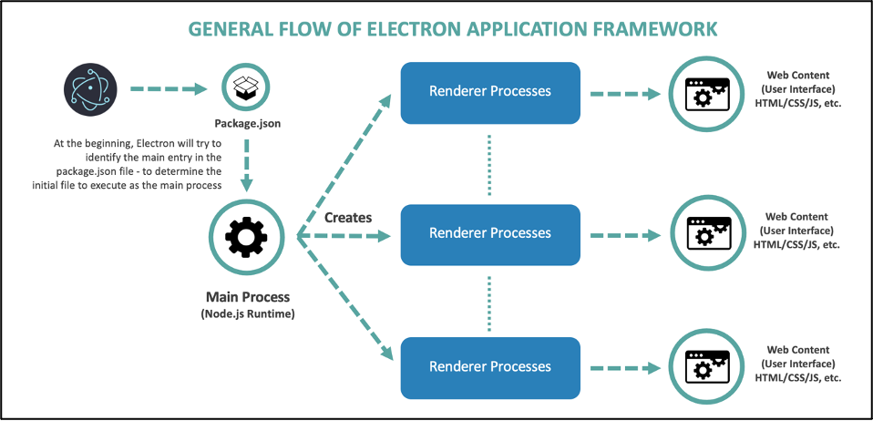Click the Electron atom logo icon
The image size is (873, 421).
88,89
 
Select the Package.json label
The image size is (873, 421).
245,123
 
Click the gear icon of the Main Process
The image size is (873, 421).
246,238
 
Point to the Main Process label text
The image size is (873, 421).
247,297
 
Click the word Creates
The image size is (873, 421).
348,217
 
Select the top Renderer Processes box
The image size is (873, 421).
490,92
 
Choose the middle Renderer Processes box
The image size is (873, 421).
490,233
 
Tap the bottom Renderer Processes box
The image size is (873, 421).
490,367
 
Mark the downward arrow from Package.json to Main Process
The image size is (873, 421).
246,168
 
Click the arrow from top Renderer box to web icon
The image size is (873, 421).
625,93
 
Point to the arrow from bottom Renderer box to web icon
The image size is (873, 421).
625,368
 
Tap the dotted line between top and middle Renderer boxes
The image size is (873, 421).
490,164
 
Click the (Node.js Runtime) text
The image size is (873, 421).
247,314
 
